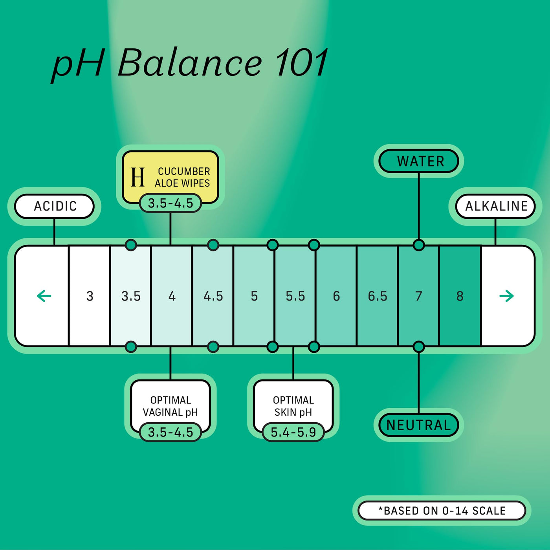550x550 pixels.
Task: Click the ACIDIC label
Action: pyautogui.click(x=55, y=206)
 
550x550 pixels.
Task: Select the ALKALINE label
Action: pyautogui.click(x=496, y=206)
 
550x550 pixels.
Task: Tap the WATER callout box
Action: pyautogui.click(x=419, y=161)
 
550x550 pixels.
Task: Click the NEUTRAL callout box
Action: pyautogui.click(x=419, y=425)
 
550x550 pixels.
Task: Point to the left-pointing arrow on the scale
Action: pyautogui.click(x=44, y=296)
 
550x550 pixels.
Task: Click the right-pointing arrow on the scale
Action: pyautogui.click(x=506, y=296)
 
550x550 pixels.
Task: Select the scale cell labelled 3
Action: pyautogui.click(x=90, y=296)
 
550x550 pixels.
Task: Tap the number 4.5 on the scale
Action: pyautogui.click(x=213, y=296)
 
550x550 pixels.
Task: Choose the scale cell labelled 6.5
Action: pyautogui.click(x=377, y=296)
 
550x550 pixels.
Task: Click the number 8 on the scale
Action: pyautogui.click(x=460, y=296)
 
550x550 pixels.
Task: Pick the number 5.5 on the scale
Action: pyautogui.click(x=295, y=296)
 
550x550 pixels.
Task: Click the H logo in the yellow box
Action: pyautogui.click(x=137, y=177)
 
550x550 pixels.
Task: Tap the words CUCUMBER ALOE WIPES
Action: pyautogui.click(x=183, y=177)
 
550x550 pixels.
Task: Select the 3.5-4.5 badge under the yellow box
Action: pyautogui.click(x=170, y=203)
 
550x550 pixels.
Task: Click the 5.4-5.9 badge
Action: pyautogui.click(x=293, y=432)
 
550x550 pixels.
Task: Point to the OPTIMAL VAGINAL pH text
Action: pyautogui.click(x=170, y=406)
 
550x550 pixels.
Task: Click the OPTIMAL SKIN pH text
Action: pyautogui.click(x=293, y=406)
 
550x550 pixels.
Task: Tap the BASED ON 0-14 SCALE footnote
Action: pyautogui.click(x=442, y=511)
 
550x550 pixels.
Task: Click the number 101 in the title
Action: pyautogui.click(x=302, y=63)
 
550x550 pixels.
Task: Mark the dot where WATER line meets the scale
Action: pyautogui.click(x=419, y=245)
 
